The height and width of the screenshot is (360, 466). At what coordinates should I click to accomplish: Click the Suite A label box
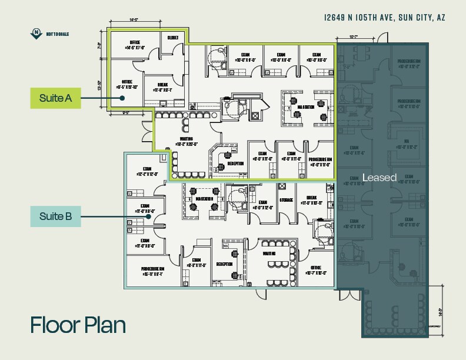55,98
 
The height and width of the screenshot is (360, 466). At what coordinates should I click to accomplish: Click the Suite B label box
55,216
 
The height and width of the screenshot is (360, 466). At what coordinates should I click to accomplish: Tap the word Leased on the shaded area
380,177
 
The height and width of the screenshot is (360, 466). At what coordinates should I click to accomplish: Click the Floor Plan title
78,325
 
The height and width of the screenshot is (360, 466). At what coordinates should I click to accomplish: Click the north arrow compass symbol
37,32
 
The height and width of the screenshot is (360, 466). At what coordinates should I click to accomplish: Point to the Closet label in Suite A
172,36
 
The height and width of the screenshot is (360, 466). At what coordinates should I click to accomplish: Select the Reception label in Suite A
236,163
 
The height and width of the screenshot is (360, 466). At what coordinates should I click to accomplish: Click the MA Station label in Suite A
305,107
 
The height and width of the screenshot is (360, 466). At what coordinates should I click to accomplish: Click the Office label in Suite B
317,269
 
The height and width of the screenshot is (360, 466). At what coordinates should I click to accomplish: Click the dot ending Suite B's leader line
150,216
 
